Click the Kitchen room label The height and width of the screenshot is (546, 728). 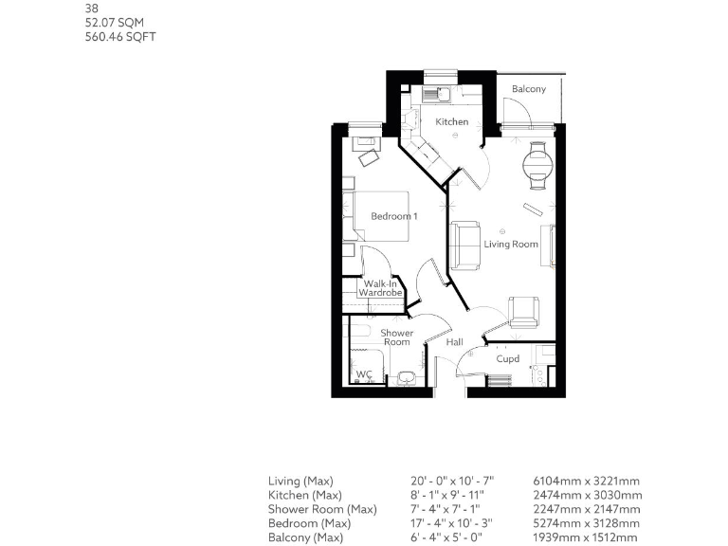[452, 121]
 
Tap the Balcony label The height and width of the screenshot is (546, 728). [529, 89]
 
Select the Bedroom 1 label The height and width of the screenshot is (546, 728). [393, 216]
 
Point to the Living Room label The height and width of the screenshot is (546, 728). [511, 244]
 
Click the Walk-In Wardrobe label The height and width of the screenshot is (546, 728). [379, 288]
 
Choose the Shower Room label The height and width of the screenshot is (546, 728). [396, 337]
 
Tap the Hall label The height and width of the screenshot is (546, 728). [455, 342]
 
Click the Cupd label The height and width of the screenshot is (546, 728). [508, 358]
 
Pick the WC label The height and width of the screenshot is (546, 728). [363, 375]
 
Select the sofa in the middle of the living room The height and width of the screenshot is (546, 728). [464, 245]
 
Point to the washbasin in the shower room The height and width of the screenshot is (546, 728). [408, 377]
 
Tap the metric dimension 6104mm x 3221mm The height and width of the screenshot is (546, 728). [588, 481]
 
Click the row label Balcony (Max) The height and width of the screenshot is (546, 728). [305, 537]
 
